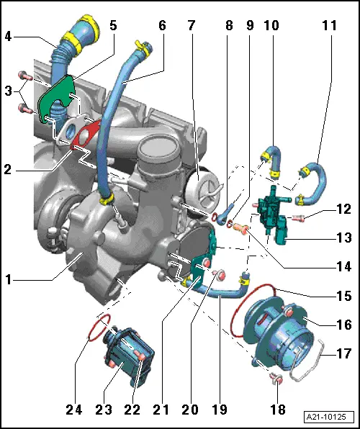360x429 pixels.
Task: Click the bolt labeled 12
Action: [302, 217]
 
